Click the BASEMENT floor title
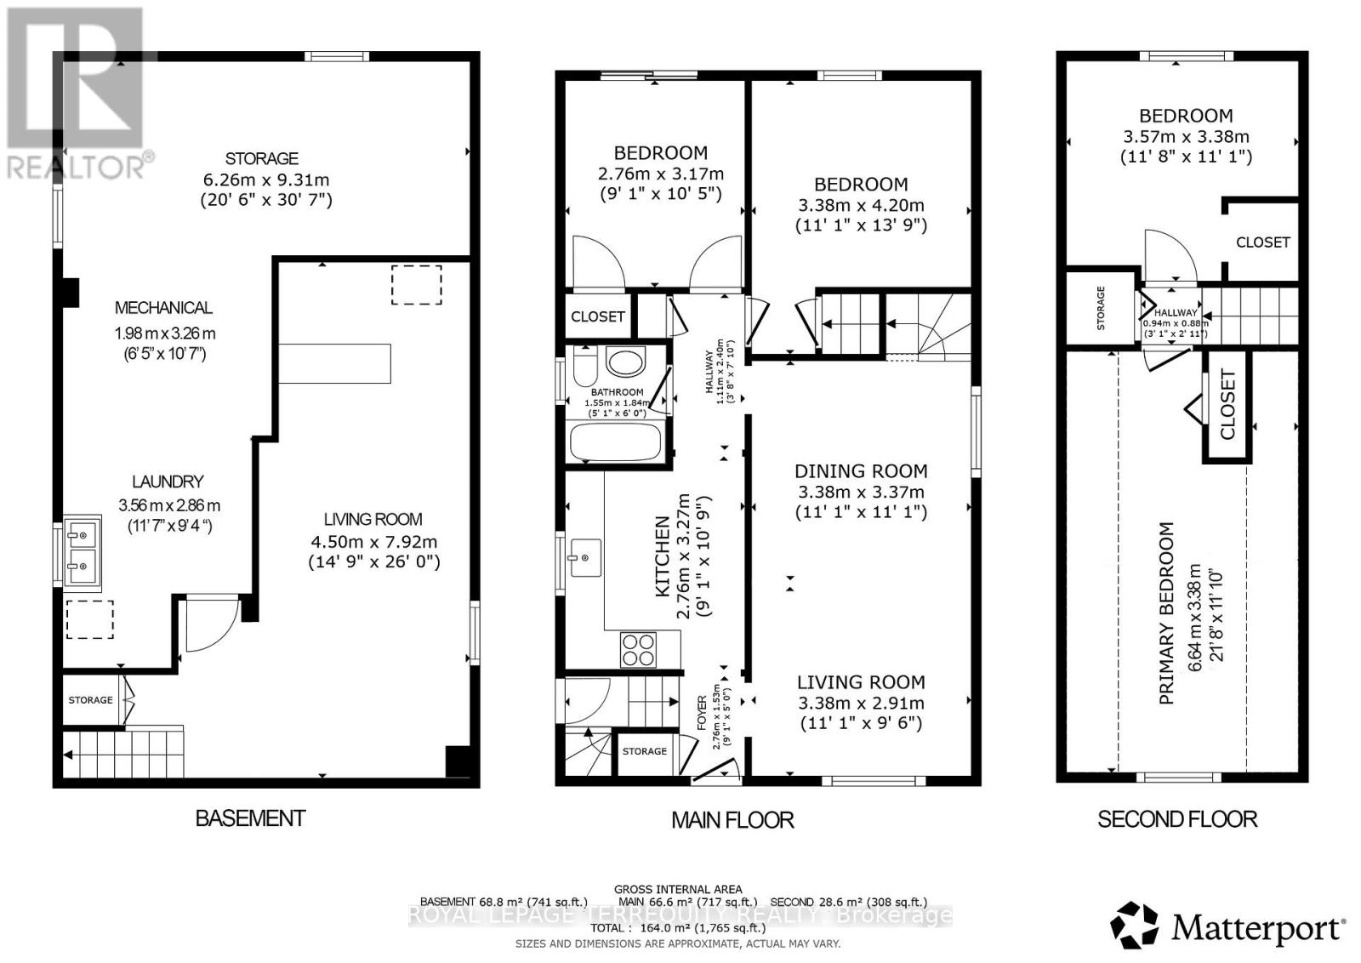click(x=250, y=818)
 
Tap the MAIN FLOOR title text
click(x=732, y=820)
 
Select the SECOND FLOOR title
click(x=1176, y=819)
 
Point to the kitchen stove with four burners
click(x=638, y=650)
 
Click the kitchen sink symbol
click(x=585, y=557)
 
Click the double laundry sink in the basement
click(x=83, y=553)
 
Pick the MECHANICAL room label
click(x=163, y=308)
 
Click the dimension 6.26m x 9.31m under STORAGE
click(x=265, y=179)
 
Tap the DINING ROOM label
click(x=861, y=471)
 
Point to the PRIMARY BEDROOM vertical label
click(x=1167, y=613)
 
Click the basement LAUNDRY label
click(x=168, y=481)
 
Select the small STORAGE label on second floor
click(x=1101, y=308)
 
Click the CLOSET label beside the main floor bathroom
click(x=598, y=316)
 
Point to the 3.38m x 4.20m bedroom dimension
click(x=861, y=205)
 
